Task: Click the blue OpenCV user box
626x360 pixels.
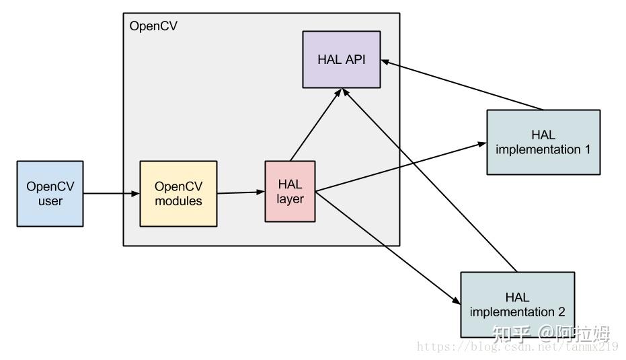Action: click(x=50, y=193)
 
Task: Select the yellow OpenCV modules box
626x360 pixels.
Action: click(x=178, y=193)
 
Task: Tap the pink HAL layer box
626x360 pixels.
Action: click(x=290, y=191)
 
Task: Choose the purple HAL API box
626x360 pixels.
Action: click(x=341, y=59)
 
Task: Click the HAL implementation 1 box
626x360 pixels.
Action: click(x=543, y=142)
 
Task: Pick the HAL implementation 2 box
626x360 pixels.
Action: click(x=517, y=304)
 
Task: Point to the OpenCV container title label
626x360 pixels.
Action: click(x=153, y=26)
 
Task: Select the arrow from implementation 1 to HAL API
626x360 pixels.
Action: click(x=464, y=85)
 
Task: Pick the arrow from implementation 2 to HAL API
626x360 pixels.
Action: click(x=430, y=182)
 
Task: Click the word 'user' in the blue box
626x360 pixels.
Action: click(x=50, y=201)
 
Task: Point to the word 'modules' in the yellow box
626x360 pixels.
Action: click(x=178, y=201)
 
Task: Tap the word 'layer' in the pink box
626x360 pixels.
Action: click(x=290, y=199)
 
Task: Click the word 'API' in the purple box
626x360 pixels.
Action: click(x=356, y=59)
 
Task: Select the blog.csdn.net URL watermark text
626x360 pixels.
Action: click(x=517, y=347)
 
